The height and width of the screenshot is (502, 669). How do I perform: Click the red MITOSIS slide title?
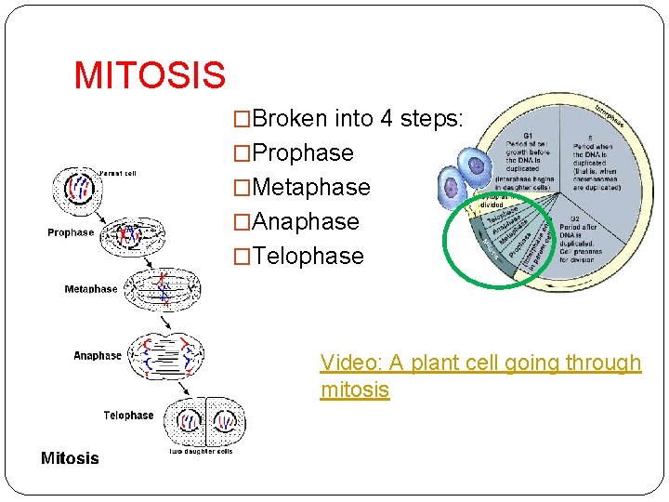(x=149, y=75)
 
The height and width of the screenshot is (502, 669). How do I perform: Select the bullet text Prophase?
(x=302, y=152)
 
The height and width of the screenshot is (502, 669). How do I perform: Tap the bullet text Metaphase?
(x=310, y=187)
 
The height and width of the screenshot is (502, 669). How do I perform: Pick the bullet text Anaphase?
(x=305, y=221)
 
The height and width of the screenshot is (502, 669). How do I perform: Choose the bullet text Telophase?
(x=308, y=256)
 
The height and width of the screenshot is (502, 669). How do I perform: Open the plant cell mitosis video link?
(x=479, y=376)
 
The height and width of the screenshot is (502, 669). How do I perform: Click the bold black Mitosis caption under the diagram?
(x=70, y=457)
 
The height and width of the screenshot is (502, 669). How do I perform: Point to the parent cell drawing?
(x=75, y=189)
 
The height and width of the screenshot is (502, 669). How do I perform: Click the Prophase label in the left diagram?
(x=71, y=232)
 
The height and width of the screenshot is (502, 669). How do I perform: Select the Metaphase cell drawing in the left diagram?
(x=164, y=288)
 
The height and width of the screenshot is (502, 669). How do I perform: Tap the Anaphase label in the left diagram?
(x=98, y=355)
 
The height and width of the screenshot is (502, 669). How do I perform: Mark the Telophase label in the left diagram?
(x=128, y=416)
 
